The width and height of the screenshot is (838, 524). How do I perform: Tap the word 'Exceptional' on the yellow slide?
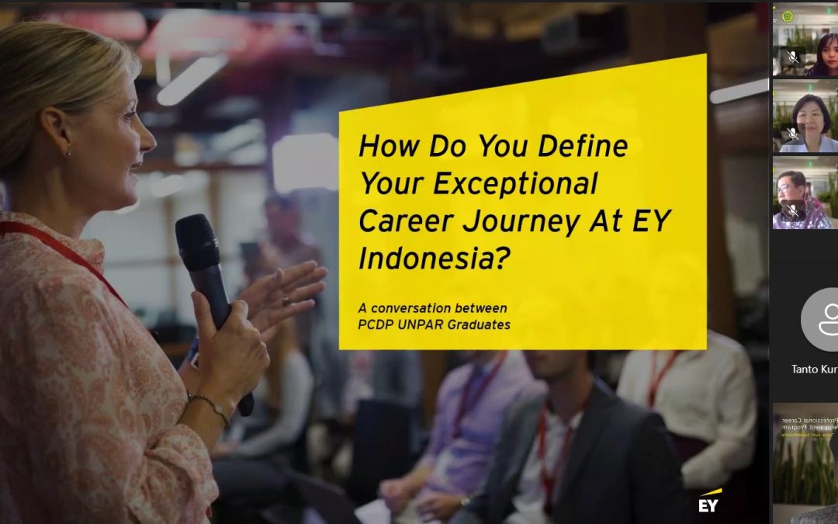(515, 184)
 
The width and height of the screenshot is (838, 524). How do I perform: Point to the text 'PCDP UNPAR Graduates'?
(434, 324)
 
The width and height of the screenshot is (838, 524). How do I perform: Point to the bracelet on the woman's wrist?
(209, 404)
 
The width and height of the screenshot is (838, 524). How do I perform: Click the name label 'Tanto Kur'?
(814, 370)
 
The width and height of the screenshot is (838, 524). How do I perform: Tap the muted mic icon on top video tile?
(792, 57)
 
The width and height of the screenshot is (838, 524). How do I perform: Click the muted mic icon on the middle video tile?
(792, 134)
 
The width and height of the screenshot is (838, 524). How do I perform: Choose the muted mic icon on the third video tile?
(792, 210)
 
